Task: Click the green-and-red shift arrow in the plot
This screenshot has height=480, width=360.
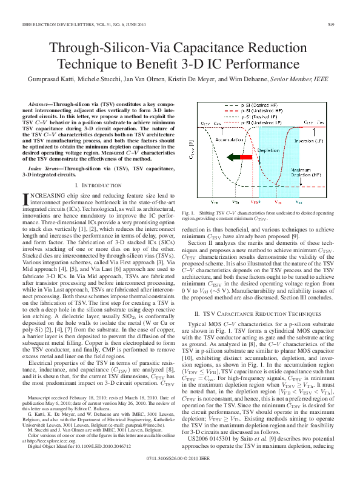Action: click(x=239, y=158)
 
